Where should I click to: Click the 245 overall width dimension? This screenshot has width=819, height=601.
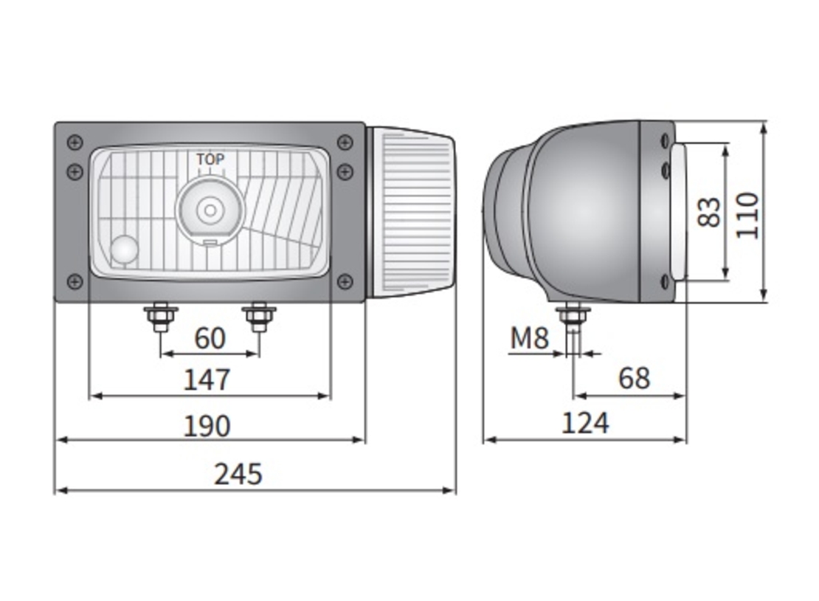click(238, 475)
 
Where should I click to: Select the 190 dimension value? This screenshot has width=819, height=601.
click(207, 426)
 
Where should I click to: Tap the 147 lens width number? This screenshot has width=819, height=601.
click(207, 380)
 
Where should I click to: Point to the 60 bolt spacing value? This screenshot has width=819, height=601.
click(210, 338)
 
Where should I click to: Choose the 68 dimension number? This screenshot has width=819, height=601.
click(634, 378)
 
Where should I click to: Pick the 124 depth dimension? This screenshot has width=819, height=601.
click(585, 423)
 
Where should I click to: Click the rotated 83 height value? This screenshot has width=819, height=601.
click(709, 212)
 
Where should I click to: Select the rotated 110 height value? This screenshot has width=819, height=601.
click(747, 215)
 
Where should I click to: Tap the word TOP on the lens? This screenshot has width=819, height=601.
click(210, 159)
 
